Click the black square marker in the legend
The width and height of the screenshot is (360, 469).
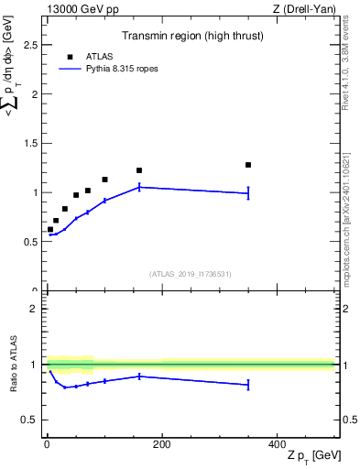pyautogui.click(x=70, y=57)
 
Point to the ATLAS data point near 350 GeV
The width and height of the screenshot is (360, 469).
pyautogui.click(x=248, y=165)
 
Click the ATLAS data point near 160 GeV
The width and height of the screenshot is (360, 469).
pyautogui.click(x=139, y=170)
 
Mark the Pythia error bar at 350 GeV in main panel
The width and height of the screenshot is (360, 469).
pyautogui.click(x=248, y=193)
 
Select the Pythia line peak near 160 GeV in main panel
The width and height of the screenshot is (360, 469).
pyautogui.click(x=139, y=187)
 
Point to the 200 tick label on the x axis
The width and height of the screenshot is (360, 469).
pyautogui.click(x=161, y=443)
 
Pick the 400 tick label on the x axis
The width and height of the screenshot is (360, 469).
pyautogui.click(x=277, y=443)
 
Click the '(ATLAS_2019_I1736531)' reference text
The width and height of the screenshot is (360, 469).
pyautogui.click(x=190, y=274)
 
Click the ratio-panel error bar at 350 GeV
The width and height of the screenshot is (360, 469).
pyautogui.click(x=248, y=385)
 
